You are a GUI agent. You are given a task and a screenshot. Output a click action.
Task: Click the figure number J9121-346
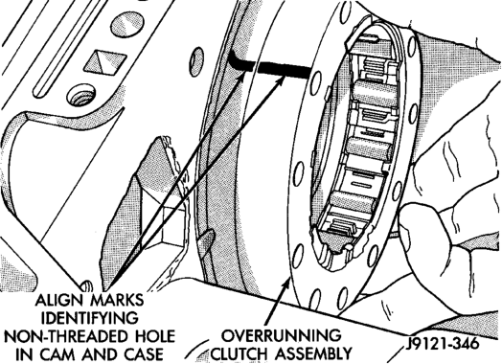tap(443, 344)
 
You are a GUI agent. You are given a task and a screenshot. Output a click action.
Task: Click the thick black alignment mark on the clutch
tap(285, 70)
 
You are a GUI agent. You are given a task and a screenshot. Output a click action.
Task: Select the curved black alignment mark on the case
tap(240, 61)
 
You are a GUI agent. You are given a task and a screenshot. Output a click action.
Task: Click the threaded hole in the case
tap(81, 95)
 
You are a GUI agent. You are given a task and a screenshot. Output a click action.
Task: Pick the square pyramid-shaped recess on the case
tap(105, 61)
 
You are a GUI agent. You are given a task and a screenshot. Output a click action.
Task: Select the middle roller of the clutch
tap(368, 148)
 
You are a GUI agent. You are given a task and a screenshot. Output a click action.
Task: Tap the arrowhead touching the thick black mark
tap(279, 81)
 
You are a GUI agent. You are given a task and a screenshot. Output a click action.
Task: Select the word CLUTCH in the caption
tap(240, 354)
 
